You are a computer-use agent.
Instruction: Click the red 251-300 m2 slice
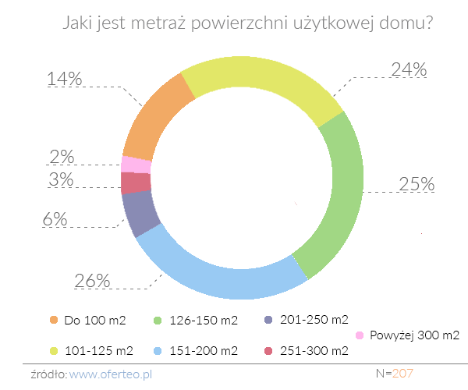pyautogui.click(x=136, y=183)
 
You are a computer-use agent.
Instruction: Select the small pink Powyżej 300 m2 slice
pyautogui.click(x=136, y=165)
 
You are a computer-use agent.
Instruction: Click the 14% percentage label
pyautogui.click(x=65, y=79)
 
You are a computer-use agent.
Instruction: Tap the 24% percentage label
pyautogui.click(x=408, y=69)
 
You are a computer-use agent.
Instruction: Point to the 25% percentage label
pyautogui.click(x=416, y=184)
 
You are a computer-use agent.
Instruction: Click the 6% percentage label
pyautogui.click(x=54, y=219)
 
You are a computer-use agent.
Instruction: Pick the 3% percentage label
pyautogui.click(x=60, y=179)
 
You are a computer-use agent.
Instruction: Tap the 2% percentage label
pyautogui.click(x=61, y=157)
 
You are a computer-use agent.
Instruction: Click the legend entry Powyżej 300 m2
pyautogui.click(x=413, y=335)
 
